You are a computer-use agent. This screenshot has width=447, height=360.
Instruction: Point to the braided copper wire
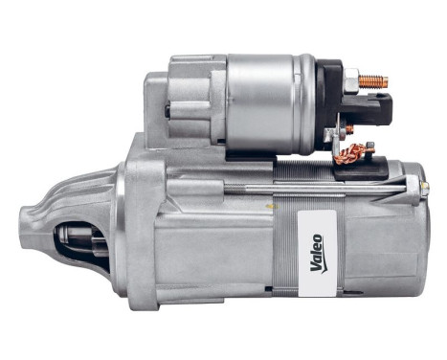click(x=358, y=151)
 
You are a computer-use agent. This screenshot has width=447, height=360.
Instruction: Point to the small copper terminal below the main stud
click(x=349, y=128)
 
